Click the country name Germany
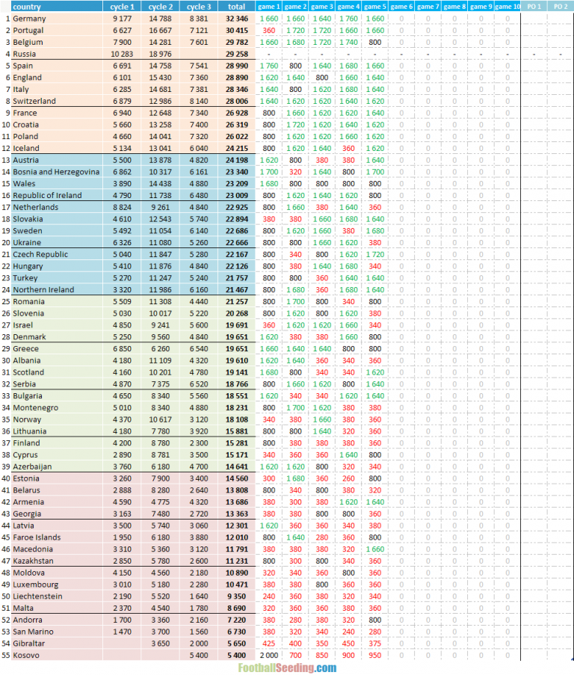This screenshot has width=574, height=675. tap(29, 19)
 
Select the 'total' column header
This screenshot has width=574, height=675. tap(236, 7)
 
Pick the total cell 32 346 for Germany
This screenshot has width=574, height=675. tap(237, 19)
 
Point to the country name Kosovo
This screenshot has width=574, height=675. tap(28, 656)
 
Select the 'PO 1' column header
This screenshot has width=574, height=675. tap(534, 7)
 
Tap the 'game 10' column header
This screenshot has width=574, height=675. tap(507, 7)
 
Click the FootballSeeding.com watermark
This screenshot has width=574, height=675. tap(287, 668)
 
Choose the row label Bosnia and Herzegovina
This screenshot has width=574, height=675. tap(56, 172)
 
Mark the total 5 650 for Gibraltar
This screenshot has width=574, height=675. tap(237, 644)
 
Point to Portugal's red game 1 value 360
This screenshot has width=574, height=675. tap(269, 31)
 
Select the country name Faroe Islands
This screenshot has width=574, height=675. tap(37, 537)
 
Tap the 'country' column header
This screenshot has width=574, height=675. tap(27, 7)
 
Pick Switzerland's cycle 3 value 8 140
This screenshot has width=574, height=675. tap(199, 101)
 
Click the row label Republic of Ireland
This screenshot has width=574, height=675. tap(48, 196)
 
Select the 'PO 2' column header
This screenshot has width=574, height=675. tap(561, 7)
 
